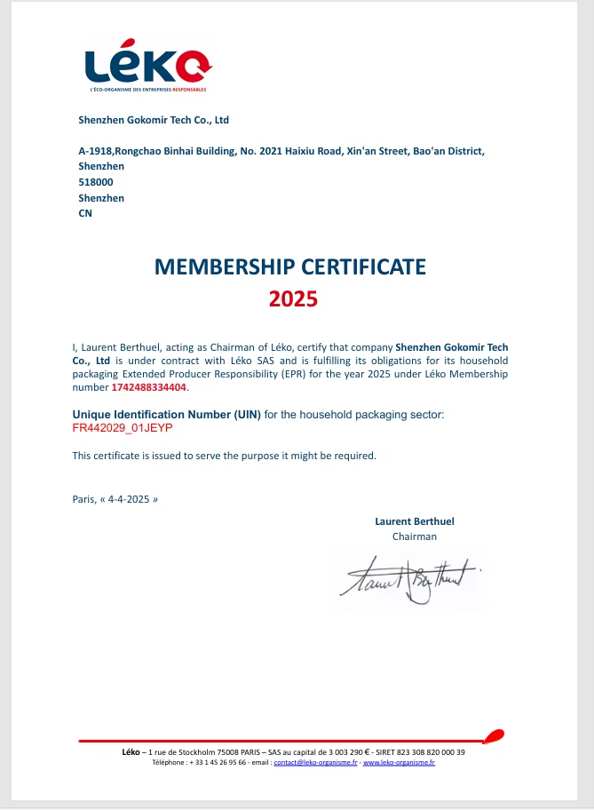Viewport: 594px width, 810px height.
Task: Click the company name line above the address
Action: click(154, 120)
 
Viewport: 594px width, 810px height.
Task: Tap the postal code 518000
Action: click(96, 182)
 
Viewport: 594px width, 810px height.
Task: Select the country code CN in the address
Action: click(85, 213)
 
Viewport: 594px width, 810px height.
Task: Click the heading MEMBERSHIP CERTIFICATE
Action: click(290, 266)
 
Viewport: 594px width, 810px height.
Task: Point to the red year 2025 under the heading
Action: click(293, 299)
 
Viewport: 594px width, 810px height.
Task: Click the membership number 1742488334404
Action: click(149, 387)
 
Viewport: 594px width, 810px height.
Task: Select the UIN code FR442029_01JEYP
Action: click(122, 428)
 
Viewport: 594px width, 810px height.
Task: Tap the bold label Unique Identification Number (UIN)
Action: click(166, 415)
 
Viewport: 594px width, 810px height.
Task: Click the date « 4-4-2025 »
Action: click(130, 499)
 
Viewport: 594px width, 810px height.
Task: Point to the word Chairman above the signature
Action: click(414, 536)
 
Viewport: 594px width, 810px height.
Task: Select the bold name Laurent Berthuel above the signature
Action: click(414, 521)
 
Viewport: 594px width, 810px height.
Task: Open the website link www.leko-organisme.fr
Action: click(400, 763)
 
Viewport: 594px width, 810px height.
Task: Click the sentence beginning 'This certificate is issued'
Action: click(224, 456)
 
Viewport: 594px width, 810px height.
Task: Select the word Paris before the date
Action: click(83, 499)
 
